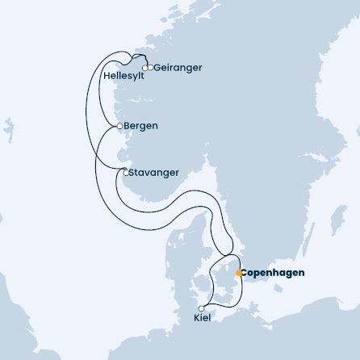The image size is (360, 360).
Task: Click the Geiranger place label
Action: pyautogui.click(x=175, y=68)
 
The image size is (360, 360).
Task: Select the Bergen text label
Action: pyautogui.click(x=141, y=127)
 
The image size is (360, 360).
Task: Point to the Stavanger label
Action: pyautogui.click(x=154, y=172)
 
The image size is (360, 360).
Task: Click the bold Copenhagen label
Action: pyautogui.click(x=274, y=273)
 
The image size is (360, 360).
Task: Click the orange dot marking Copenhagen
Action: pyautogui.click(x=237, y=273)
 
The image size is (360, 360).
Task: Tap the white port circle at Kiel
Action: pyautogui.click(x=202, y=308)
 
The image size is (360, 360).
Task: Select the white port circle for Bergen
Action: pyautogui.click(x=120, y=127)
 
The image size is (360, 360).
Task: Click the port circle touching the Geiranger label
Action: pyautogui.click(x=150, y=68)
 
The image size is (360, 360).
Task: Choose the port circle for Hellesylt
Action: pyautogui.click(x=145, y=69)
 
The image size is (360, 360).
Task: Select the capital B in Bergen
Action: pyautogui.click(x=128, y=127)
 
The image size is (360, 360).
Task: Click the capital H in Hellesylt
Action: pyautogui.click(x=107, y=77)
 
